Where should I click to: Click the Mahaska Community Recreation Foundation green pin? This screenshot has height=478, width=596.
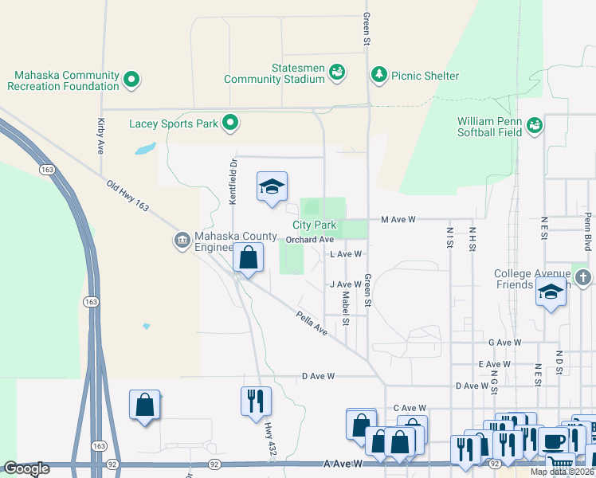click(131, 80)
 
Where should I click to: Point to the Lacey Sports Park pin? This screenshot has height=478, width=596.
click(230, 123)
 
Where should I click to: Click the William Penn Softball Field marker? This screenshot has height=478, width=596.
click(534, 125)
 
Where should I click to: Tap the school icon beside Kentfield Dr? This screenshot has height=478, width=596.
click(272, 187)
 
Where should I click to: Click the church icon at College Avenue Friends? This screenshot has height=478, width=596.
click(583, 278)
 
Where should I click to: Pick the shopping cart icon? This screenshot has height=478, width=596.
click(562, 463)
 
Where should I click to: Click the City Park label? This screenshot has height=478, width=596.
click(314, 225)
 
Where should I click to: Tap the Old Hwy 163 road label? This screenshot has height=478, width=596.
click(127, 196)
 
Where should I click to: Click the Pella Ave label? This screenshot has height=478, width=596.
click(311, 323)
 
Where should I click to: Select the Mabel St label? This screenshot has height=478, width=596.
click(346, 308)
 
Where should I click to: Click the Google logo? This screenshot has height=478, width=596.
click(26, 468)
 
